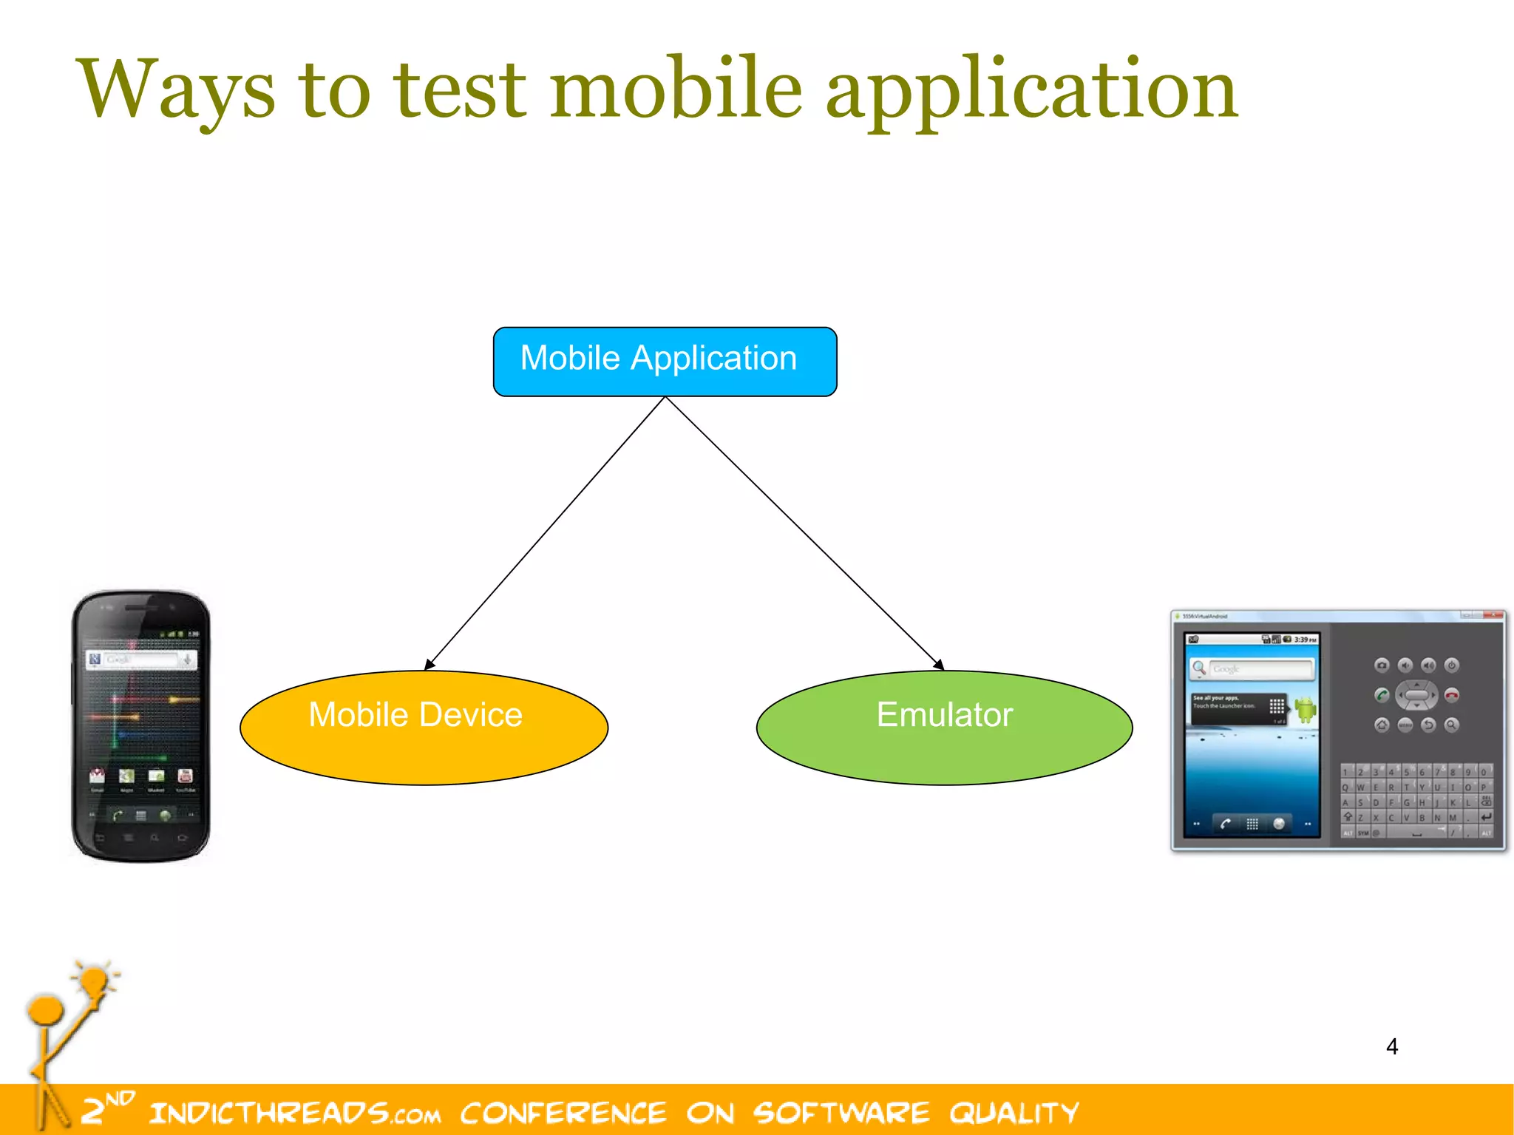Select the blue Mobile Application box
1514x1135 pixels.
pos(665,362)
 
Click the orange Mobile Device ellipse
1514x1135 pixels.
pos(424,728)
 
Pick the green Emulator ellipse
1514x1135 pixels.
pos(944,728)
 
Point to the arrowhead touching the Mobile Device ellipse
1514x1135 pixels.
pos(430,665)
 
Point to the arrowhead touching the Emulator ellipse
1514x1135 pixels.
pos(938,665)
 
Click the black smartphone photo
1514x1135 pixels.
pos(140,725)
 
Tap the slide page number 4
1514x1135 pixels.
pos(1391,1046)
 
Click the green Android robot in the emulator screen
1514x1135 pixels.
pos(1306,709)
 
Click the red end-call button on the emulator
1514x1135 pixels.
pos(1451,695)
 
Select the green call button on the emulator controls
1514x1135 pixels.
pos(1381,695)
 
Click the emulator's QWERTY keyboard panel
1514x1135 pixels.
pos(1416,802)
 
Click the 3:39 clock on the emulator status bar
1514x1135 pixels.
pos(1305,640)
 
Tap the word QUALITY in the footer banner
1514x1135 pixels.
pos(1014,1113)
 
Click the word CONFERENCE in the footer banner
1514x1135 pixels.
pos(563,1113)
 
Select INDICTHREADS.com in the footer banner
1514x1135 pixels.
pos(294,1113)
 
